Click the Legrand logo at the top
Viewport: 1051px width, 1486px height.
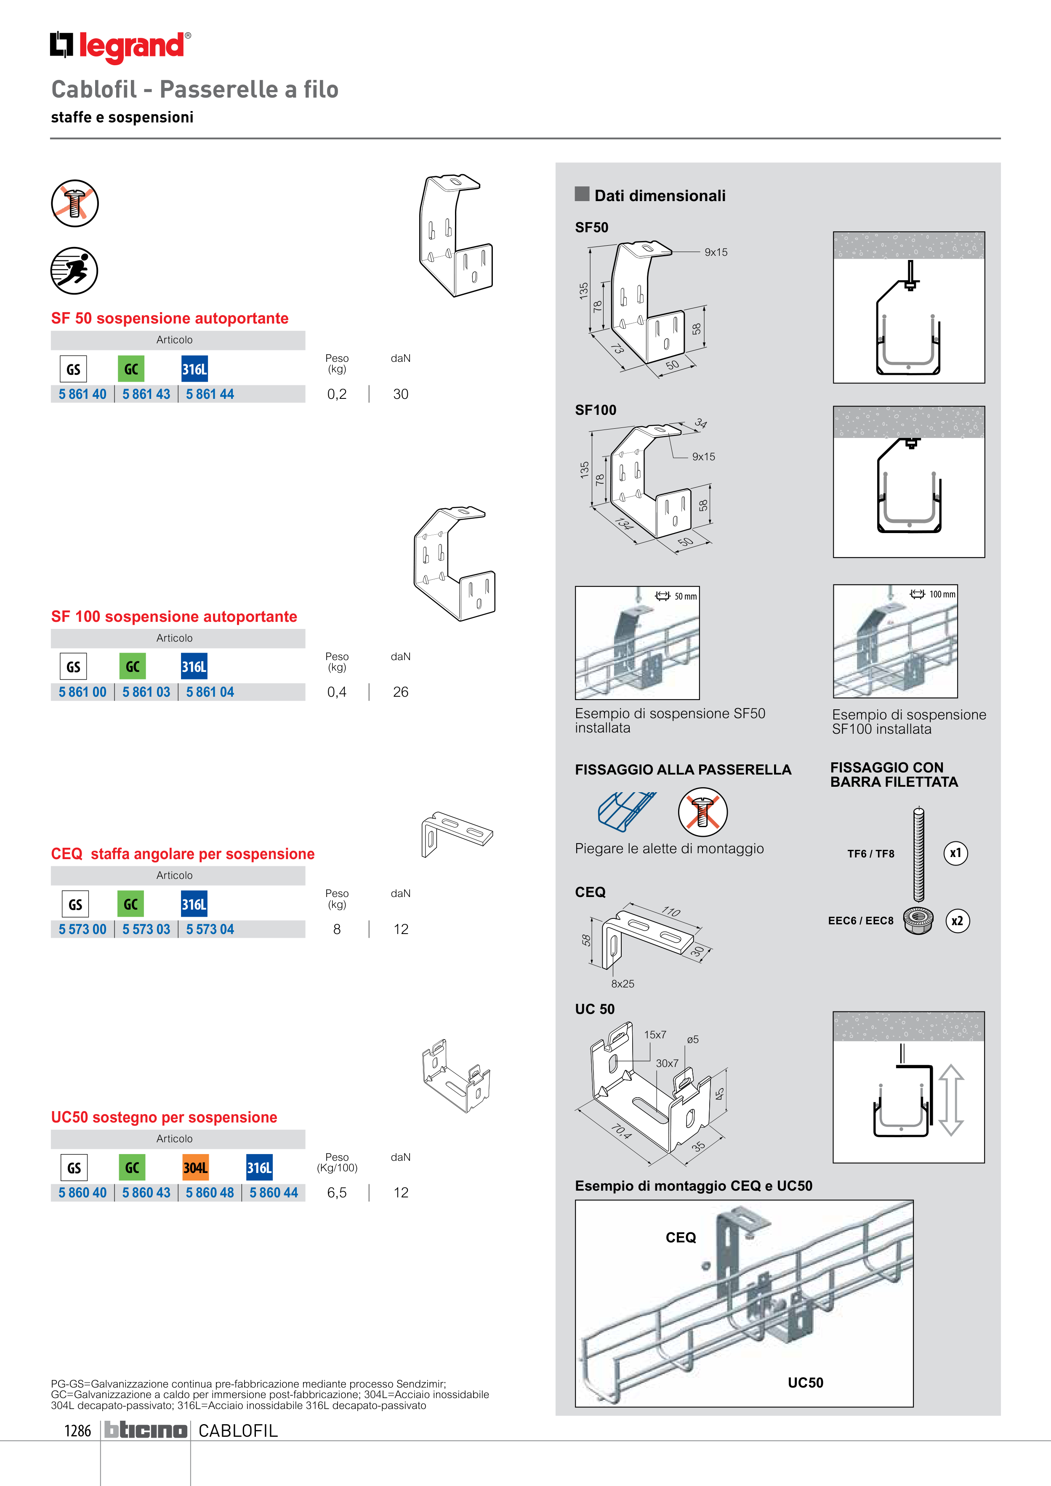120,47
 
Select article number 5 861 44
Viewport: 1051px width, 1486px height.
210,394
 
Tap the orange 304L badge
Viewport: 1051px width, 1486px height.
195,1168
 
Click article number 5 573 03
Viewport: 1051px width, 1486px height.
146,929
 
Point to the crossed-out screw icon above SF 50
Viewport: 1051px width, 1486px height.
75,203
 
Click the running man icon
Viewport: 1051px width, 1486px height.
75,271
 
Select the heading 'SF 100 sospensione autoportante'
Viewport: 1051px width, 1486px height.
173,617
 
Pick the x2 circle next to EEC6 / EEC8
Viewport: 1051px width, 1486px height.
957,921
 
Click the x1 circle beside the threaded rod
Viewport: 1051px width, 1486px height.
955,853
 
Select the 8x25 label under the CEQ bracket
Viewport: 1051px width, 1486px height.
623,984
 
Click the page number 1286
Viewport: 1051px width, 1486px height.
78,1431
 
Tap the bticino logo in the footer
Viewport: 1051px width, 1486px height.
146,1430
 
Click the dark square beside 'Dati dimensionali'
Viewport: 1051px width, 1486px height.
582,194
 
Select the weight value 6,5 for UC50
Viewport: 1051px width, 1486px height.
337,1193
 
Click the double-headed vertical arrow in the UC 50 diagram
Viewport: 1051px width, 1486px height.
951,1100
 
